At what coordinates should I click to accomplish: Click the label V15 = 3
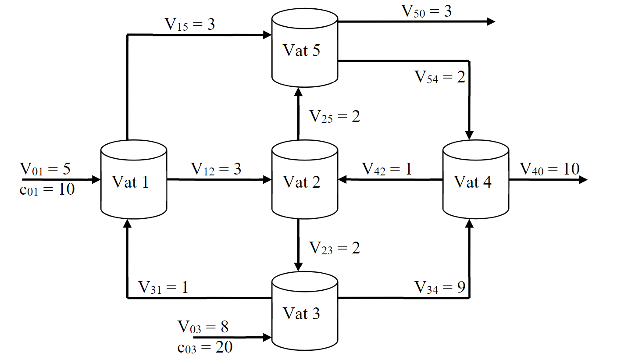point(189,25)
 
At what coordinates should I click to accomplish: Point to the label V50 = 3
point(427,11)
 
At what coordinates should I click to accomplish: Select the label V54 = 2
point(440,77)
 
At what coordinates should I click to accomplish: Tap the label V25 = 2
point(335,117)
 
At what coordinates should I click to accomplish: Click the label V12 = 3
point(216,169)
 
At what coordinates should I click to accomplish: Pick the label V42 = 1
point(386,169)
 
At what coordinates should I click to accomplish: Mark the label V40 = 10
point(549,168)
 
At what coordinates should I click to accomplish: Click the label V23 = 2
point(335,248)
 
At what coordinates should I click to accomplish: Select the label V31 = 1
point(163,288)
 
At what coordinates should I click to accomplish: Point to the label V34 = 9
point(440,288)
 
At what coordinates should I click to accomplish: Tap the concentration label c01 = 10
point(47,189)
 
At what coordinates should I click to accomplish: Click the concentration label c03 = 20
point(205,348)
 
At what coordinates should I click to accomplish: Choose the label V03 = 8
point(203,327)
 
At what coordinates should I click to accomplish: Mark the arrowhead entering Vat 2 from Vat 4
point(342,179)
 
